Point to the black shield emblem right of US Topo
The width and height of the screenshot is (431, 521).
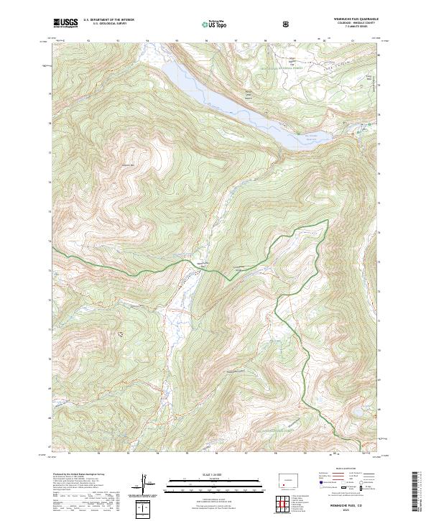(x=287, y=24)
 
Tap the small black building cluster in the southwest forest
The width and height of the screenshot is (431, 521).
(x=120, y=334)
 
